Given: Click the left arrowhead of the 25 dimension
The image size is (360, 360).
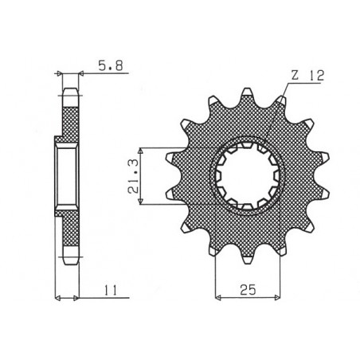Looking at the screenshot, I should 217,297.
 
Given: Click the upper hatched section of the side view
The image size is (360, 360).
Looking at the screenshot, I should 69,115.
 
